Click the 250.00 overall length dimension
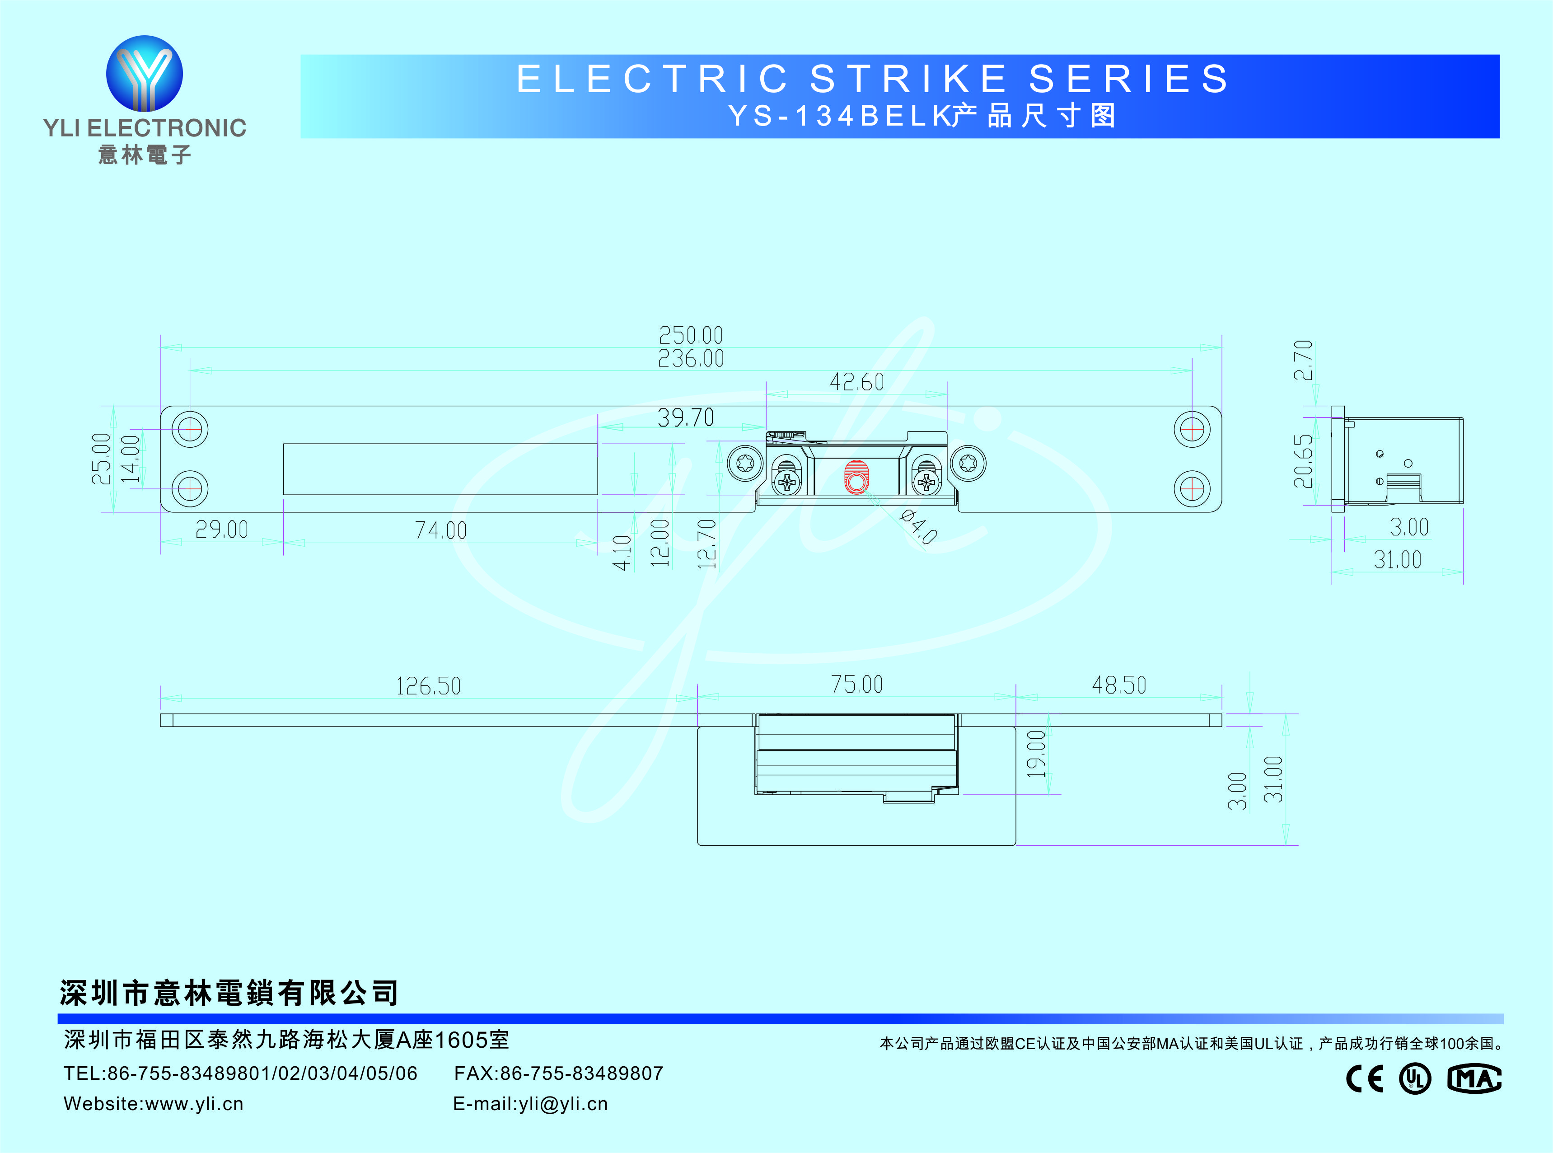(x=691, y=335)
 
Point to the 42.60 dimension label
(x=857, y=382)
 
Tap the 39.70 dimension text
(x=686, y=418)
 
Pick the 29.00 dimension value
(x=222, y=530)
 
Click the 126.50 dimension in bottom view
(x=428, y=686)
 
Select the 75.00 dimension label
(x=857, y=684)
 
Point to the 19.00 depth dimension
(x=1037, y=754)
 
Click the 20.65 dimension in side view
(x=1303, y=461)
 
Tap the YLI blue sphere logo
(x=145, y=73)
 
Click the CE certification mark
(x=1365, y=1079)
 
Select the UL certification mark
(x=1415, y=1079)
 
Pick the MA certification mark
(x=1474, y=1079)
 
